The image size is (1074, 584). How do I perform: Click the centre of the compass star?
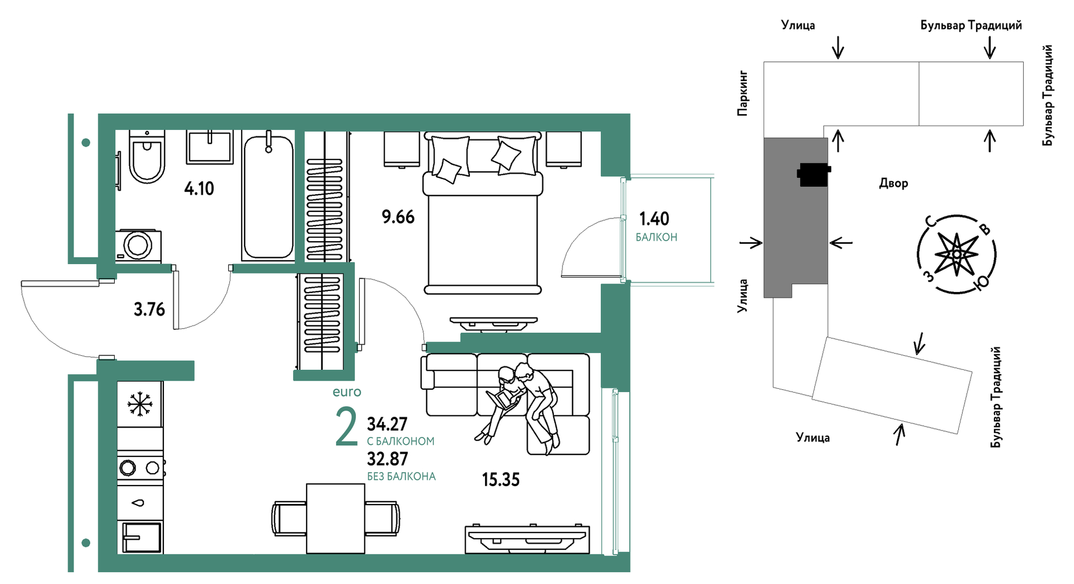coord(957,254)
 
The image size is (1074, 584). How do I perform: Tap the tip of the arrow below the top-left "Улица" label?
coord(838,58)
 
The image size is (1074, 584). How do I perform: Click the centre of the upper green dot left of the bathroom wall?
coord(85,143)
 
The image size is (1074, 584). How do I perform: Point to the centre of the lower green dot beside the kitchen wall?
coord(85,542)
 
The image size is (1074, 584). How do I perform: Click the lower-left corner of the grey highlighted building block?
coord(764,297)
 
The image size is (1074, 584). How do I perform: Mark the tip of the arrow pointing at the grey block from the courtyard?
coord(830,243)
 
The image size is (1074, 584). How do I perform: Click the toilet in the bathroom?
coord(147,156)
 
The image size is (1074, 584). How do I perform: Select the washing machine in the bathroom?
coord(138,246)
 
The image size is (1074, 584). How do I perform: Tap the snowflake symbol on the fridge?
coord(140,404)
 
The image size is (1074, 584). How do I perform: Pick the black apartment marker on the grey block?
coord(813,175)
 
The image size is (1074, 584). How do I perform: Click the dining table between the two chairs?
coord(335,519)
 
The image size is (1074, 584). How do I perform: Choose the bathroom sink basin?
coord(210,147)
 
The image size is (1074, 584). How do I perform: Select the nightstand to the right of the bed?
coord(563,149)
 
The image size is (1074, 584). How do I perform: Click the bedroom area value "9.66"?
coord(398,217)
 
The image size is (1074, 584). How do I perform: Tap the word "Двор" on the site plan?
coord(893,183)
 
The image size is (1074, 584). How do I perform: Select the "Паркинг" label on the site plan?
coord(742,93)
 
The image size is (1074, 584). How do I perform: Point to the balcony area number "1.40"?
coord(654,219)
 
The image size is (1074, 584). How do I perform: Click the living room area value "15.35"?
coord(500,480)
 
